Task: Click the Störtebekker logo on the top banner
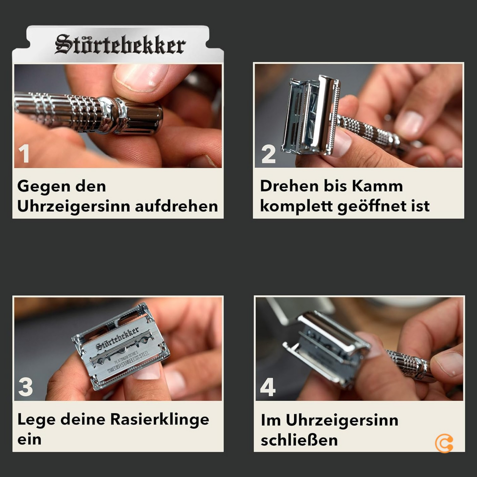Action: point(120,45)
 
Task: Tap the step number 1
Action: point(24,154)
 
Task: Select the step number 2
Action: point(268,155)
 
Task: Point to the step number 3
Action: point(25,387)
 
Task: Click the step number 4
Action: point(267,387)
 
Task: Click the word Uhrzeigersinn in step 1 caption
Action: point(74,206)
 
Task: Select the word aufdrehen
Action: point(176,206)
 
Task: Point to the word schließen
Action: point(299,440)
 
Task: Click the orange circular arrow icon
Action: point(444,443)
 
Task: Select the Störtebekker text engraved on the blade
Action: point(118,338)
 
